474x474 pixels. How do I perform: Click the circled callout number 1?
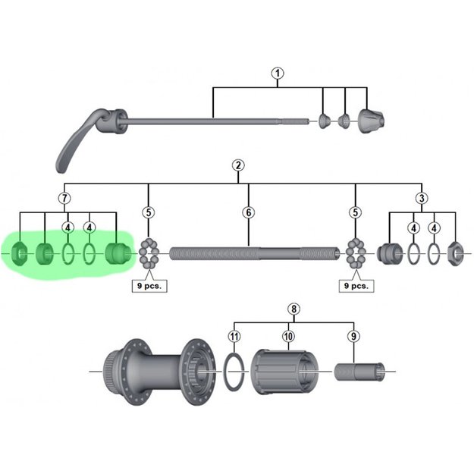click(x=278, y=74)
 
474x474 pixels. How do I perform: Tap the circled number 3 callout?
click(x=422, y=199)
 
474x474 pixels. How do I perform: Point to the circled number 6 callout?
click(x=248, y=212)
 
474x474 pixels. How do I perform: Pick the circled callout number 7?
click(x=64, y=199)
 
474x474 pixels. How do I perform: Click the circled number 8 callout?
click(x=294, y=309)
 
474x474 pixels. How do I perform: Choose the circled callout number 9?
click(x=354, y=335)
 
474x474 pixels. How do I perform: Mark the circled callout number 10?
click(x=287, y=335)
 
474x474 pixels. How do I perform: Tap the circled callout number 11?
click(x=234, y=335)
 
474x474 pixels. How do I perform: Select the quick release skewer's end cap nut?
click(x=372, y=118)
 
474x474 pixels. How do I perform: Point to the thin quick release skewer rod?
click(x=212, y=119)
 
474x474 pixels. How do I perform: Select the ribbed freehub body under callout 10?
click(x=284, y=372)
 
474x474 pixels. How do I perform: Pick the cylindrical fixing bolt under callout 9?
click(x=360, y=372)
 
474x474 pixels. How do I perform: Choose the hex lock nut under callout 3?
click(x=455, y=252)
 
